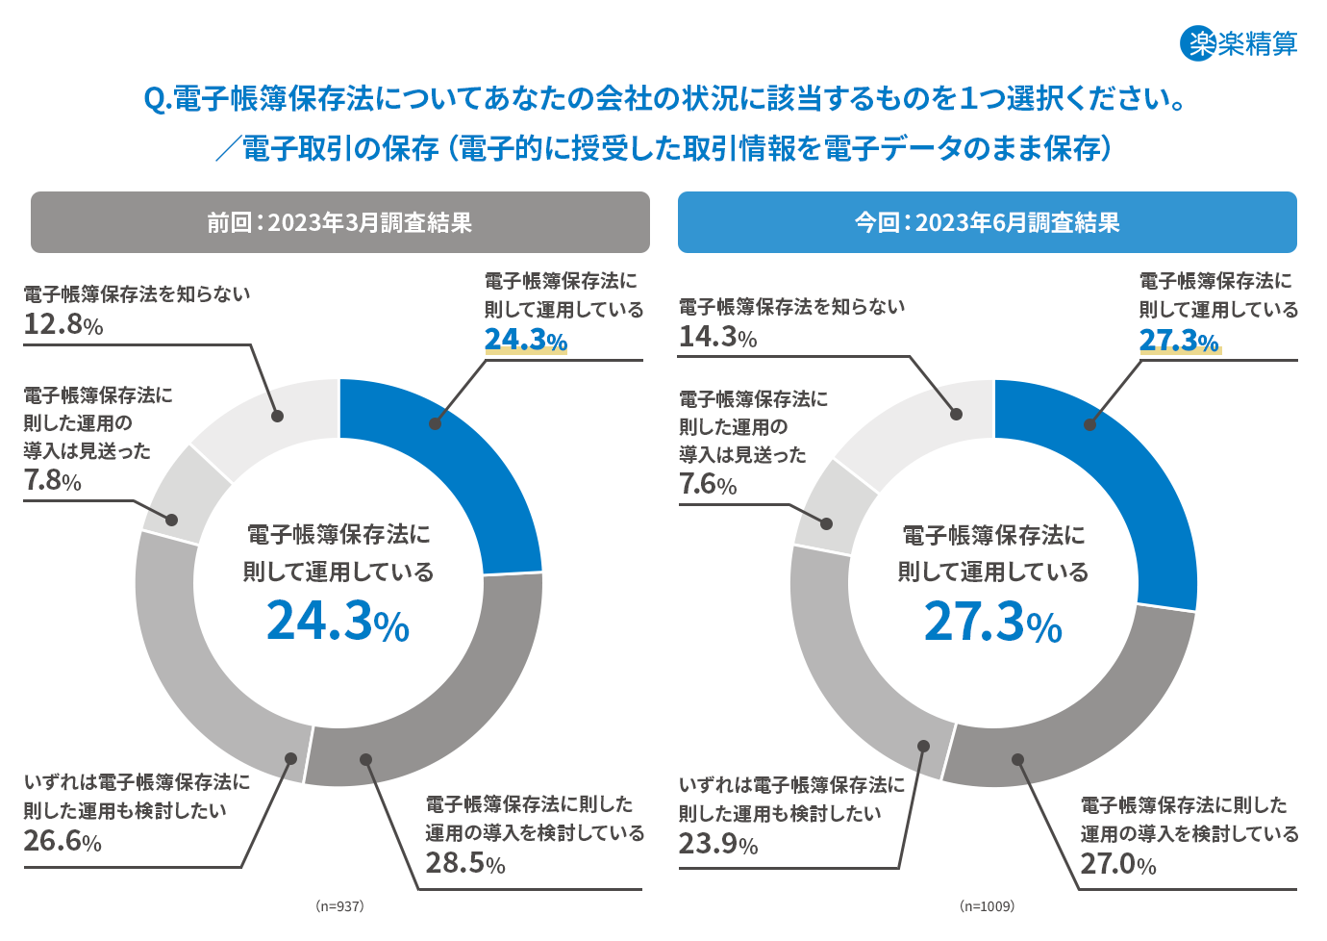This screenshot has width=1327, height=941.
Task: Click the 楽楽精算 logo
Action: point(1239,43)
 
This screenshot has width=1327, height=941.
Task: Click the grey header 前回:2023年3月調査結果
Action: point(339,222)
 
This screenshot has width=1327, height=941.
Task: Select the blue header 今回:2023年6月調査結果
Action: point(987,222)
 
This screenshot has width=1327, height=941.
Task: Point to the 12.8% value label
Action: point(63,324)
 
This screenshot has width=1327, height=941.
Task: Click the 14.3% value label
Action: point(717,337)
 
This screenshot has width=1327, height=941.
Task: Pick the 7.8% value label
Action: point(52,480)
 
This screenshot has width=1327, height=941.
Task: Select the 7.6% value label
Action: point(708,484)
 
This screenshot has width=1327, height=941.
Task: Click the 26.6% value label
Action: point(63,841)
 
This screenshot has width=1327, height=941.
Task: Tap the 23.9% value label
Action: point(717,844)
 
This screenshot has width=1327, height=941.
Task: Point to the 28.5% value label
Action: point(465,863)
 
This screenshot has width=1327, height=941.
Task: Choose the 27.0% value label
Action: point(1118,864)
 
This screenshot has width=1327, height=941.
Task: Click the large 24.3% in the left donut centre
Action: point(338,622)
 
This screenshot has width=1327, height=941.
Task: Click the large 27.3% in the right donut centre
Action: point(992,622)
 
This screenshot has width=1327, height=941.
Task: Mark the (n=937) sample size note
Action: point(339,906)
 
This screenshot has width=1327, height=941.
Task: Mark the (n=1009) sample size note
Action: point(987,906)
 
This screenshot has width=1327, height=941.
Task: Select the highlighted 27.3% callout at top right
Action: point(1179,341)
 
